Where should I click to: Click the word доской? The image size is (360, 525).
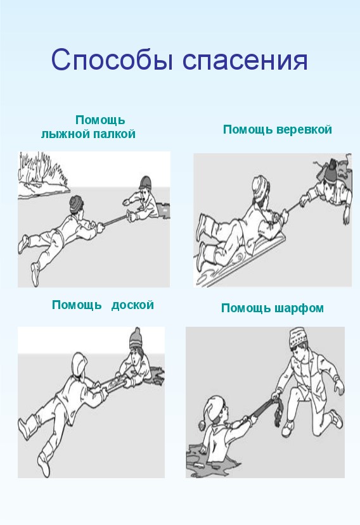pyautogui.click(x=132, y=305)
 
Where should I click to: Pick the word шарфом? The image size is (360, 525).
pyautogui.click(x=299, y=308)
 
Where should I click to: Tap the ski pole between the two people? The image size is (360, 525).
pyautogui.click(x=115, y=220)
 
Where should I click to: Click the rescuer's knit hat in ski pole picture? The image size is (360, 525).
pyautogui.click(x=76, y=203)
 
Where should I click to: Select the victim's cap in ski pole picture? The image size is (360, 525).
pyautogui.click(x=145, y=182)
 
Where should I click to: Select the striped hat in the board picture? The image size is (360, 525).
pyautogui.click(x=136, y=339)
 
